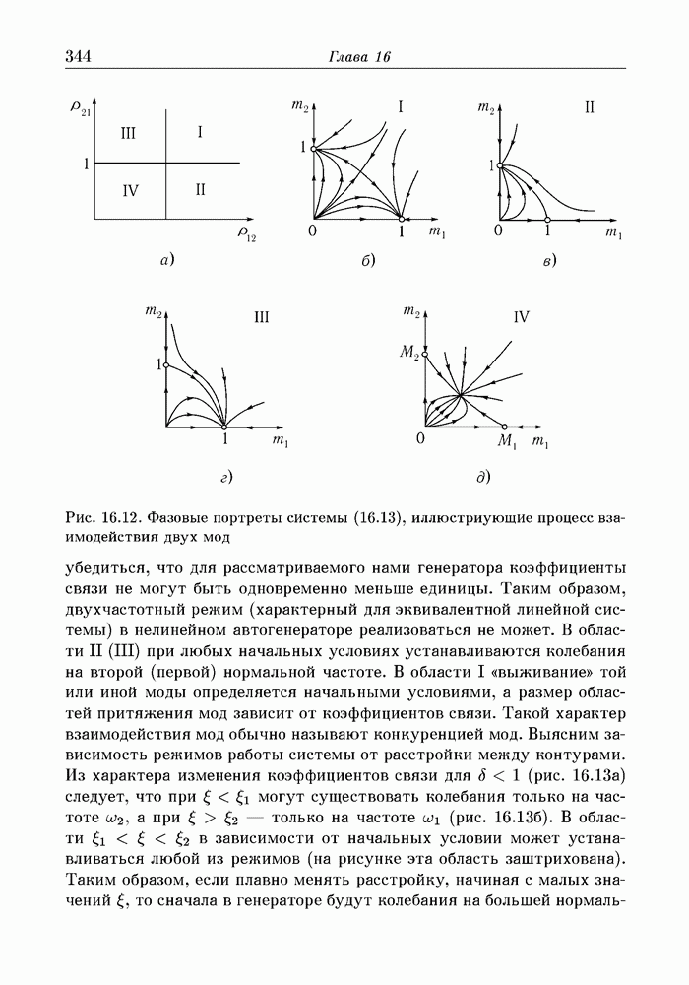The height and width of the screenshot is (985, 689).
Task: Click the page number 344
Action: point(78,56)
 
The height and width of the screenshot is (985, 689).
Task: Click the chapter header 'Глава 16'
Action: point(359,57)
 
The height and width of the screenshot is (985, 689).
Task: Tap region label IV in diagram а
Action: point(130,190)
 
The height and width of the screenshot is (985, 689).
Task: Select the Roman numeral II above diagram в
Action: point(590,107)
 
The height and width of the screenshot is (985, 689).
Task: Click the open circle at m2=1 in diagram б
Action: point(313,149)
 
